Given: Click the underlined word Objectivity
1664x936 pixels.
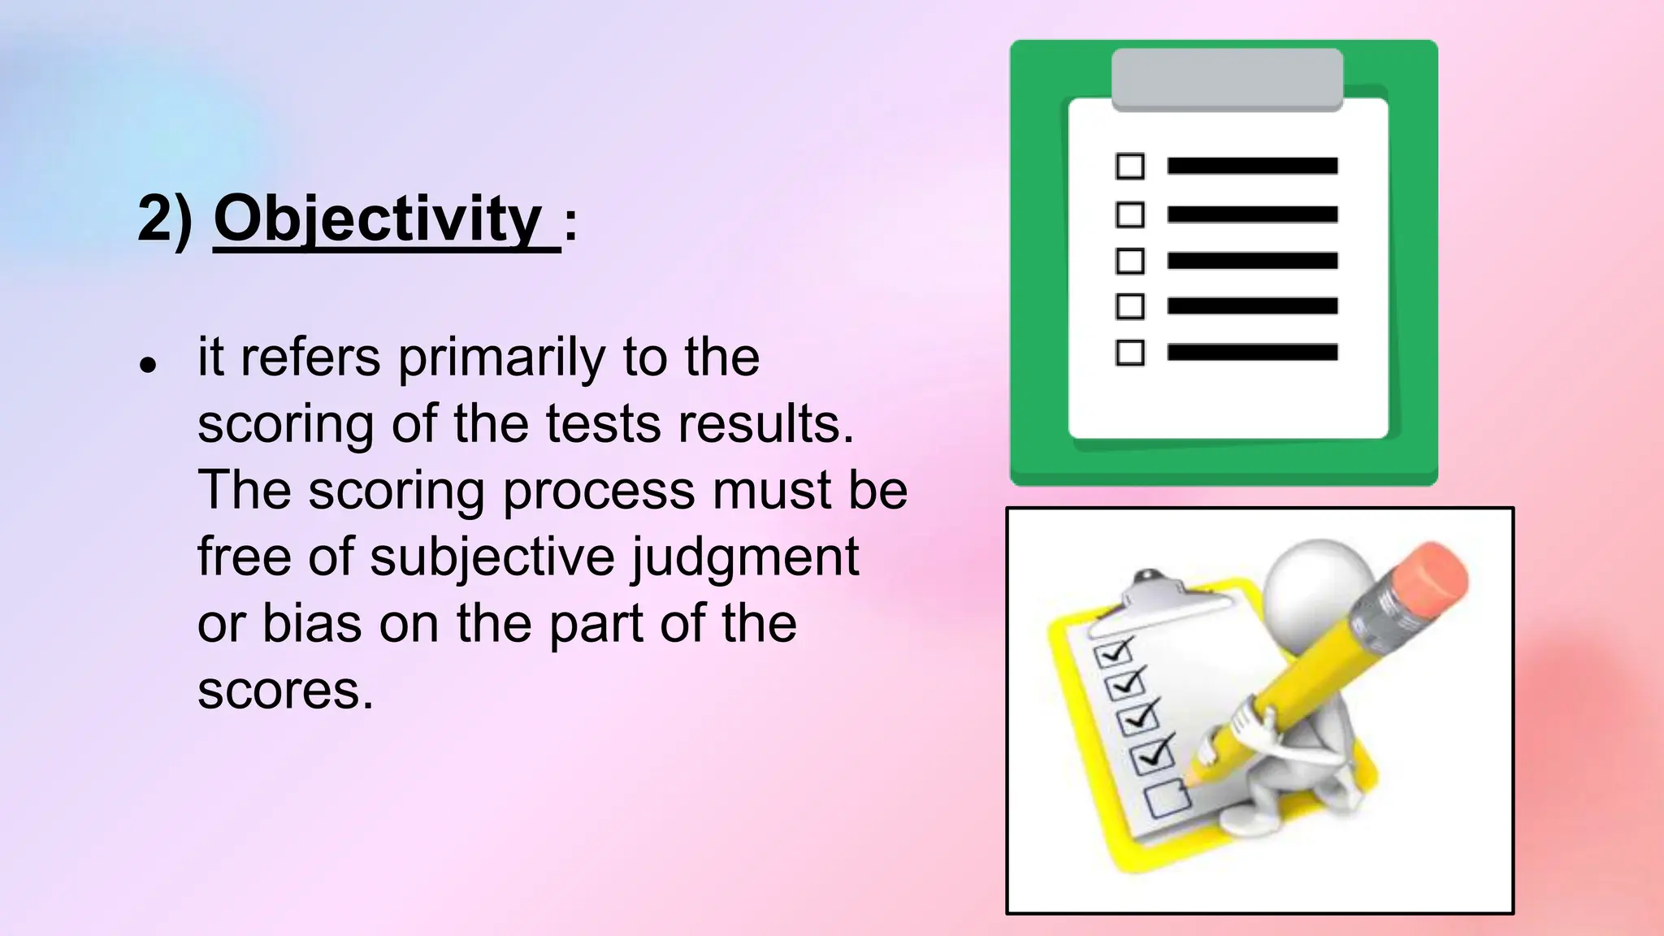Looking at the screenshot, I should pos(378,219).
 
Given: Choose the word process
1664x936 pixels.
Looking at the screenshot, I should pos(600,491).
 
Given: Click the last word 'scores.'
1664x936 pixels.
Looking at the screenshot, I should pos(285,691).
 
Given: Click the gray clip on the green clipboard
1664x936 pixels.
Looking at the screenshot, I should pos(1227,79).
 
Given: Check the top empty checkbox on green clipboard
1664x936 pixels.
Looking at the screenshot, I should pos(1130,166).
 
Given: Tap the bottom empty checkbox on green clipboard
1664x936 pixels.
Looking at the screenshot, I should pos(1130,353).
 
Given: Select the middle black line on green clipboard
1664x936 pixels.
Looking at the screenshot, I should pos(1252,261).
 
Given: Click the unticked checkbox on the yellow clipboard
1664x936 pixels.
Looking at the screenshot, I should pos(1168,798).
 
